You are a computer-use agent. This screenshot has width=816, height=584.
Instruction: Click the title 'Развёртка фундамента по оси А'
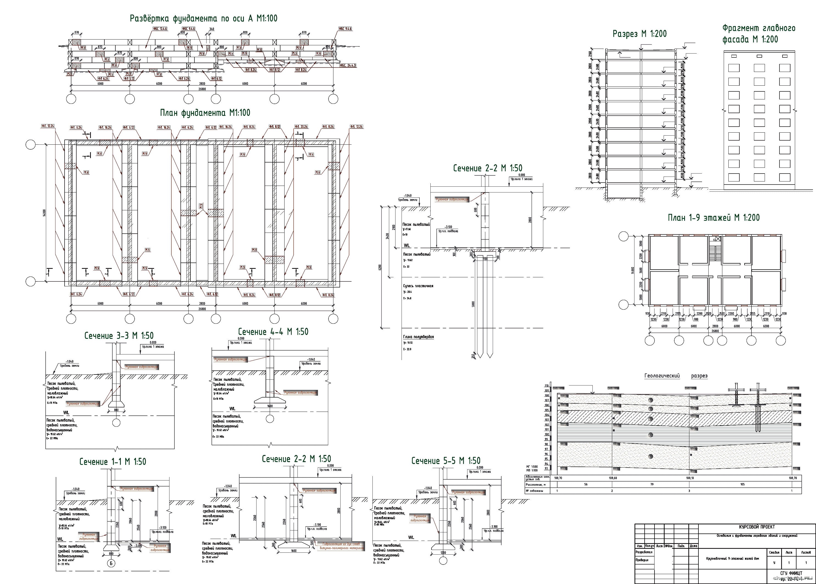[x=204, y=19]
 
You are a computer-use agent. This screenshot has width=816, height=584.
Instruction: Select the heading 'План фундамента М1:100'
[x=205, y=113]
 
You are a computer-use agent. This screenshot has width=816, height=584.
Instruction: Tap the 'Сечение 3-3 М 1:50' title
[x=119, y=336]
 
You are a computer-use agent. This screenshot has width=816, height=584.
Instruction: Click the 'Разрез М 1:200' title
[x=639, y=34]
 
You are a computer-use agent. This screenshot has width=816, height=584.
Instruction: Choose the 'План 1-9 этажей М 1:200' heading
[x=714, y=217]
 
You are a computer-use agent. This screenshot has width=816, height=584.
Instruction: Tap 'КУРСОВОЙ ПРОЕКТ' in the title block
[x=757, y=527]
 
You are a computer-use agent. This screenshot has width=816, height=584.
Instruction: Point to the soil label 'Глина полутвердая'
[x=418, y=337]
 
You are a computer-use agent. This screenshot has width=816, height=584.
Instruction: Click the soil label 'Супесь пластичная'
[x=418, y=286]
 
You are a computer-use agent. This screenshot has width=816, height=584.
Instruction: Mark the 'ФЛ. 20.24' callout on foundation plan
[x=301, y=127]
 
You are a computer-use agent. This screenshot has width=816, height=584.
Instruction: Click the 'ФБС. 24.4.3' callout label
[x=348, y=65]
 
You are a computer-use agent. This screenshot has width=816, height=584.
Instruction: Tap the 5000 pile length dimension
[x=473, y=304]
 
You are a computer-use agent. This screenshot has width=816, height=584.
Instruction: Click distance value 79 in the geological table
[x=652, y=484]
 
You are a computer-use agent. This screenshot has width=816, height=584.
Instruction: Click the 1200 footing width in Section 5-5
[x=443, y=552]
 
